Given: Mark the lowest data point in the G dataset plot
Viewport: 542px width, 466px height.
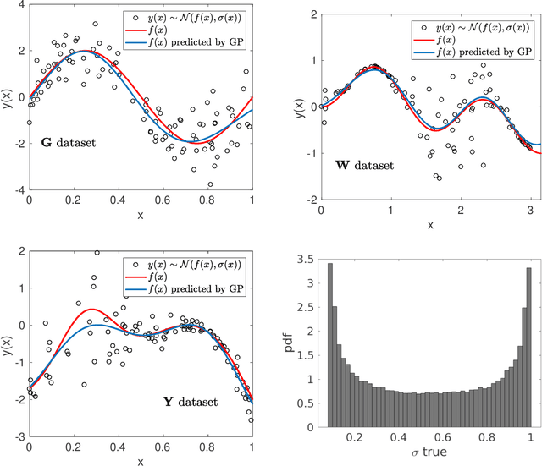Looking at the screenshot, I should (x=210, y=184).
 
